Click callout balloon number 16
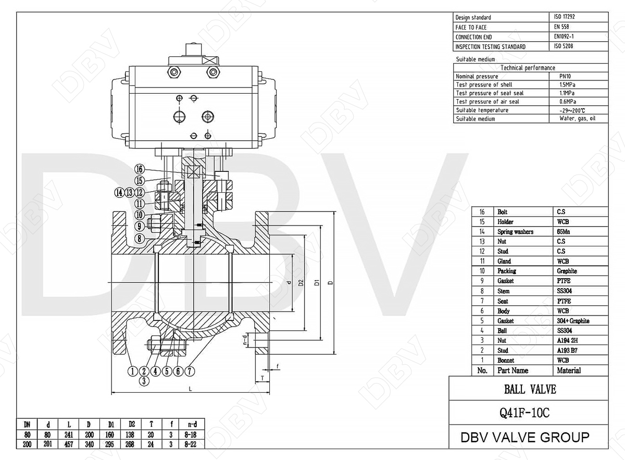[139, 169]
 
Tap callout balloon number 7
[190, 371]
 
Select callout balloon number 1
[133, 371]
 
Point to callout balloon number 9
[139, 227]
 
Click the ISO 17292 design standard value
[565, 17]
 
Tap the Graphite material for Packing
[567, 271]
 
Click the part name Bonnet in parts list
[506, 360]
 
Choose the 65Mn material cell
[564, 231]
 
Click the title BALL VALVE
[528, 389]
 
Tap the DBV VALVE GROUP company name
[525, 437]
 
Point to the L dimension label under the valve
[191, 389]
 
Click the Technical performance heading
[528, 68]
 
